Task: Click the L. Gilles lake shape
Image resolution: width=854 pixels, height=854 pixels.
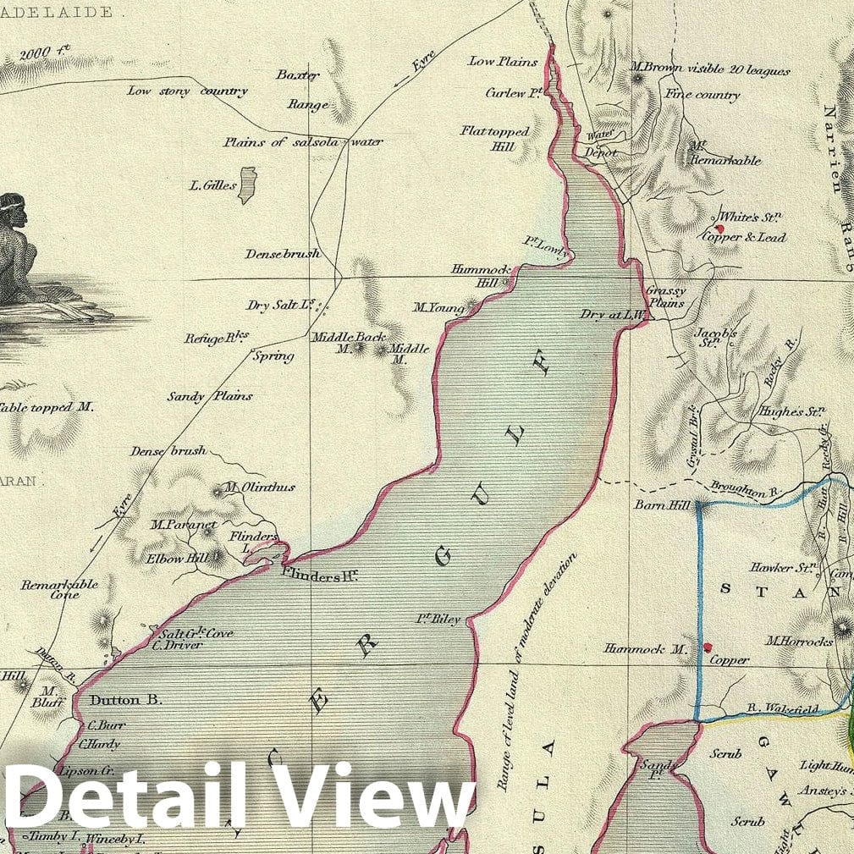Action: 247,185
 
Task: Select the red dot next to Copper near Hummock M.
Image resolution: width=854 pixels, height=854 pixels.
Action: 708,647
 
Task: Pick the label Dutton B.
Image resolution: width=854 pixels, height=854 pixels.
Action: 125,700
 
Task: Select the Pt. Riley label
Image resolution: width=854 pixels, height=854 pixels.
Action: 439,620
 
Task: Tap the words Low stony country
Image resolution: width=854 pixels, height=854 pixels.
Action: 187,91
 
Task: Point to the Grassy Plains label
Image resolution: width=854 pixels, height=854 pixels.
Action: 665,296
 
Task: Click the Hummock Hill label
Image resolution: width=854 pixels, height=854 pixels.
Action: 478,276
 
